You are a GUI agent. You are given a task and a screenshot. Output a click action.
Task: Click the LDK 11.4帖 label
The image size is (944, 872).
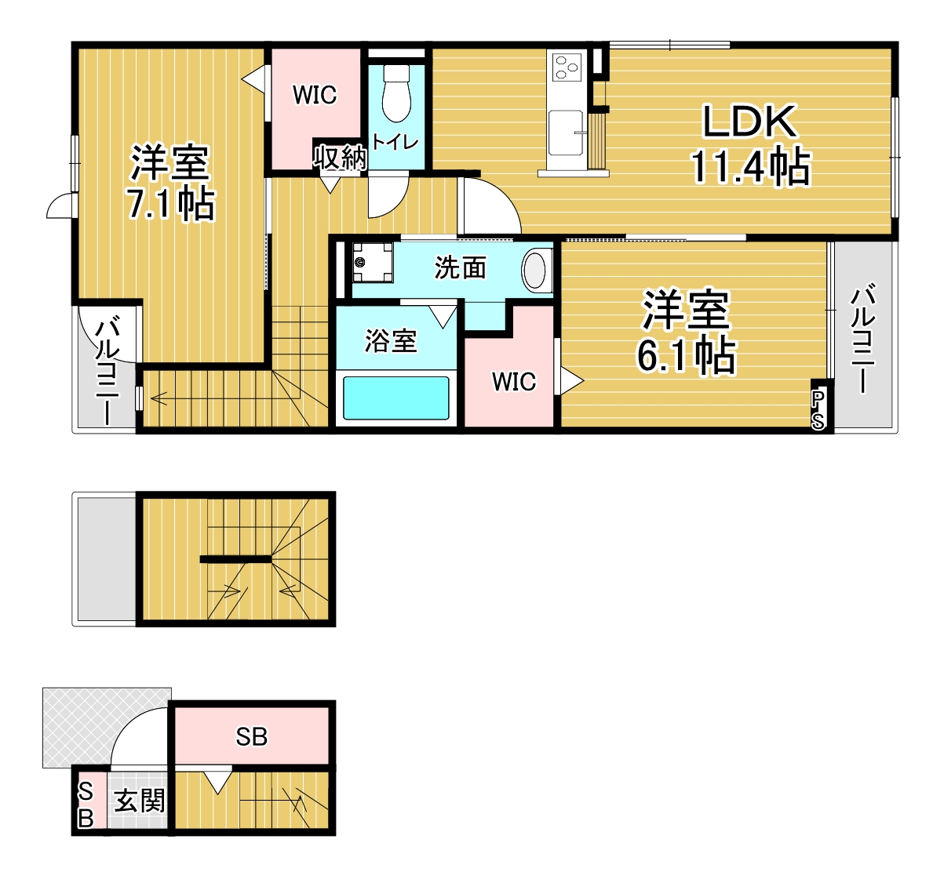click(x=750, y=145)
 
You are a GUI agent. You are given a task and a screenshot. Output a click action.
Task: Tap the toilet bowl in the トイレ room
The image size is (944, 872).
click(x=396, y=94)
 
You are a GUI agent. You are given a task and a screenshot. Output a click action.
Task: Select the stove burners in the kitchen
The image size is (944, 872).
click(x=567, y=67)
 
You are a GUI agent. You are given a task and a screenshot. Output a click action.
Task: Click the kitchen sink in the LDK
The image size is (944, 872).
click(x=566, y=133)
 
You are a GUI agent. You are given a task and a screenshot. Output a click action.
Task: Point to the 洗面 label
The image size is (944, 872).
click(x=460, y=267)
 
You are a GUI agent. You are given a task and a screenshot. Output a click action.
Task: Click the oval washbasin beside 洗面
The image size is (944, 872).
click(x=536, y=269)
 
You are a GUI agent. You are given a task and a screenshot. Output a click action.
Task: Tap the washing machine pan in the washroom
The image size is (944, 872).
click(x=372, y=262)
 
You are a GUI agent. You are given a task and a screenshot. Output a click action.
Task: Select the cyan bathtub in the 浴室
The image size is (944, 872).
click(x=396, y=398)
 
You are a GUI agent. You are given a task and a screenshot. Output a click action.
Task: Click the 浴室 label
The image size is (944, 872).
click(x=391, y=340)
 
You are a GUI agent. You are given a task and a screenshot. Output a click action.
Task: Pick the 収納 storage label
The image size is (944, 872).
click(x=339, y=158)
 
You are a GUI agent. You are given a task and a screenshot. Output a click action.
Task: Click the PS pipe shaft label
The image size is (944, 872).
click(x=818, y=409)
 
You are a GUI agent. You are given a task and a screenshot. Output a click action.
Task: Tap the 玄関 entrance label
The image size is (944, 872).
click(x=139, y=801)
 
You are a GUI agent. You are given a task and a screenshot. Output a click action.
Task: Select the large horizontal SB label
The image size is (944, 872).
click(x=251, y=736)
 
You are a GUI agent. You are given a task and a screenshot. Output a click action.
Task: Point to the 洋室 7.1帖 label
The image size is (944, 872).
click(x=170, y=183)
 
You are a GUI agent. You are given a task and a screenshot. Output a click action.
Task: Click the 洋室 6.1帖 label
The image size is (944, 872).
click(x=686, y=331)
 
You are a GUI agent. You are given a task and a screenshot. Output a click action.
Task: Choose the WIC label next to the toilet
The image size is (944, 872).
click(x=314, y=95)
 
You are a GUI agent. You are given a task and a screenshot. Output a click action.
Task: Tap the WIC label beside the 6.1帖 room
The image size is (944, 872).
click(x=514, y=382)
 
